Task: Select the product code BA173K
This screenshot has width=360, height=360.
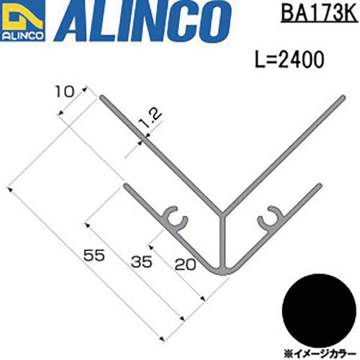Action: point(314,14)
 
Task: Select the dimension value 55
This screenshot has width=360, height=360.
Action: point(92,254)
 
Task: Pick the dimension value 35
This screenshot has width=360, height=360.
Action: point(141,261)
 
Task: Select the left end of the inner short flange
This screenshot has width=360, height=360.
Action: point(127,187)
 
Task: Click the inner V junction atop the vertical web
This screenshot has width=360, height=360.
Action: point(223,213)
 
